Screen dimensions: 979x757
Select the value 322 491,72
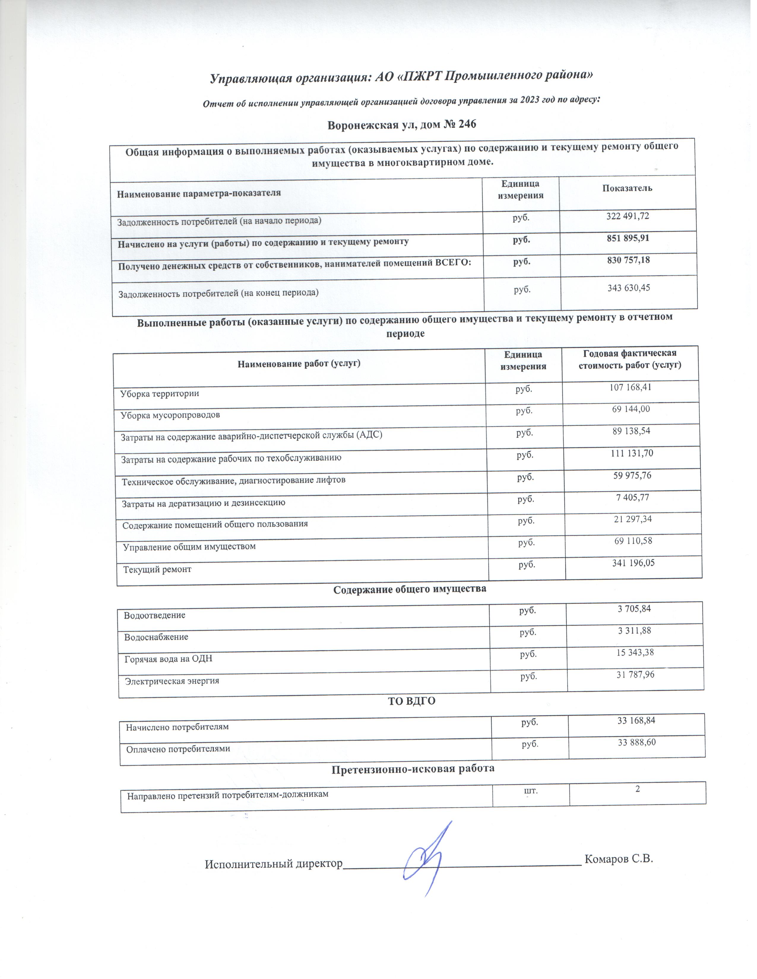[627, 216]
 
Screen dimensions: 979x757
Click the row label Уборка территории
[160, 394]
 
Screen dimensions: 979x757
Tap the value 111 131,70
[631, 453]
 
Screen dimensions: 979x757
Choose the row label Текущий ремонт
[157, 570]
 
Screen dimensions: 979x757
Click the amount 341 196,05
[633, 563]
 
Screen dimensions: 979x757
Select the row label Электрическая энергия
[172, 681]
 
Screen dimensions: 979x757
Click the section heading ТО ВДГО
[411, 701]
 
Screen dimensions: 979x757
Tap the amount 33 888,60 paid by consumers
[636, 742]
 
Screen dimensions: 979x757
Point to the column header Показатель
[627, 188]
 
